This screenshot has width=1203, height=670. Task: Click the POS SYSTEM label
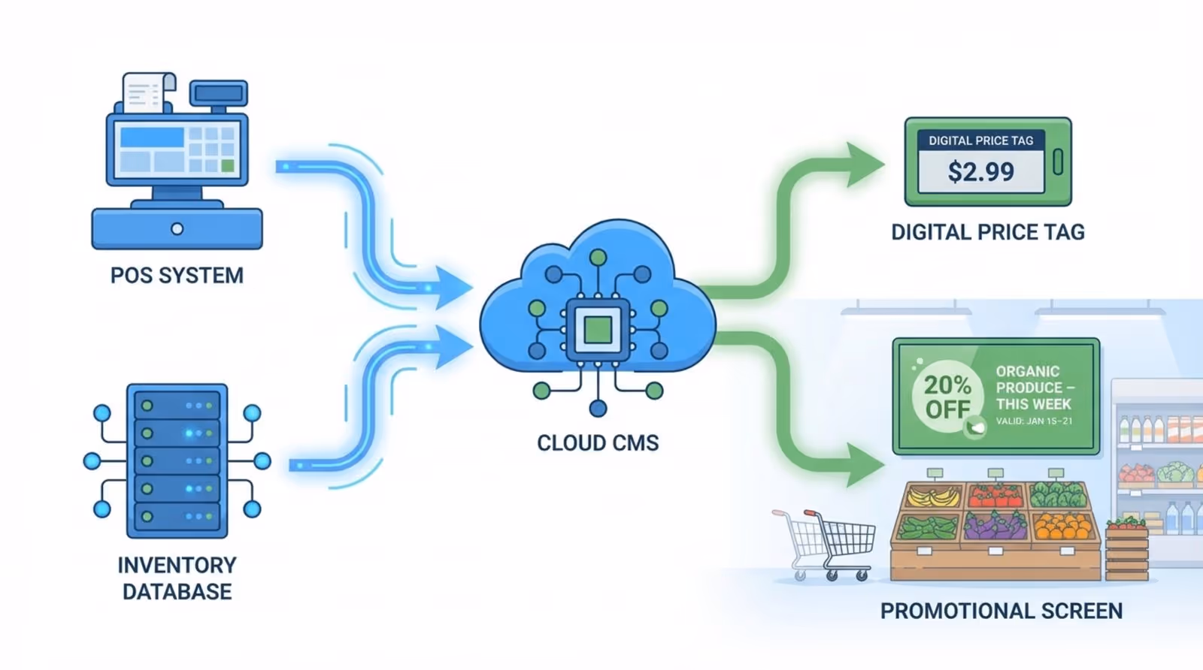point(177,276)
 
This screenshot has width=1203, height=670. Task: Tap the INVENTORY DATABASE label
point(177,578)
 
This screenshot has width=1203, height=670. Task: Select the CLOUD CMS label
point(598,443)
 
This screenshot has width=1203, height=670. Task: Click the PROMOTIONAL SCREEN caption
point(1001,611)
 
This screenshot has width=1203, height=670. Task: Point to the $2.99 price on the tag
point(980,172)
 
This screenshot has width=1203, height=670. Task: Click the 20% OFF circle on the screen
point(947,397)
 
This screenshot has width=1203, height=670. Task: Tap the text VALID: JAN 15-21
point(1034,421)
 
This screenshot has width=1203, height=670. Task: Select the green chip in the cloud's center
point(598,329)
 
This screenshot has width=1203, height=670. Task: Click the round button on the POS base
point(177,229)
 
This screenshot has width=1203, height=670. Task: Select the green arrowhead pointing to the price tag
point(865,164)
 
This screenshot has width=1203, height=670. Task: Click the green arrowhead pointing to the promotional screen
point(865,464)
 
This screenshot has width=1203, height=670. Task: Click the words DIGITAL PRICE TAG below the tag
point(987,233)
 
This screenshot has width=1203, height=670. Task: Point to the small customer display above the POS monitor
point(218,94)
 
